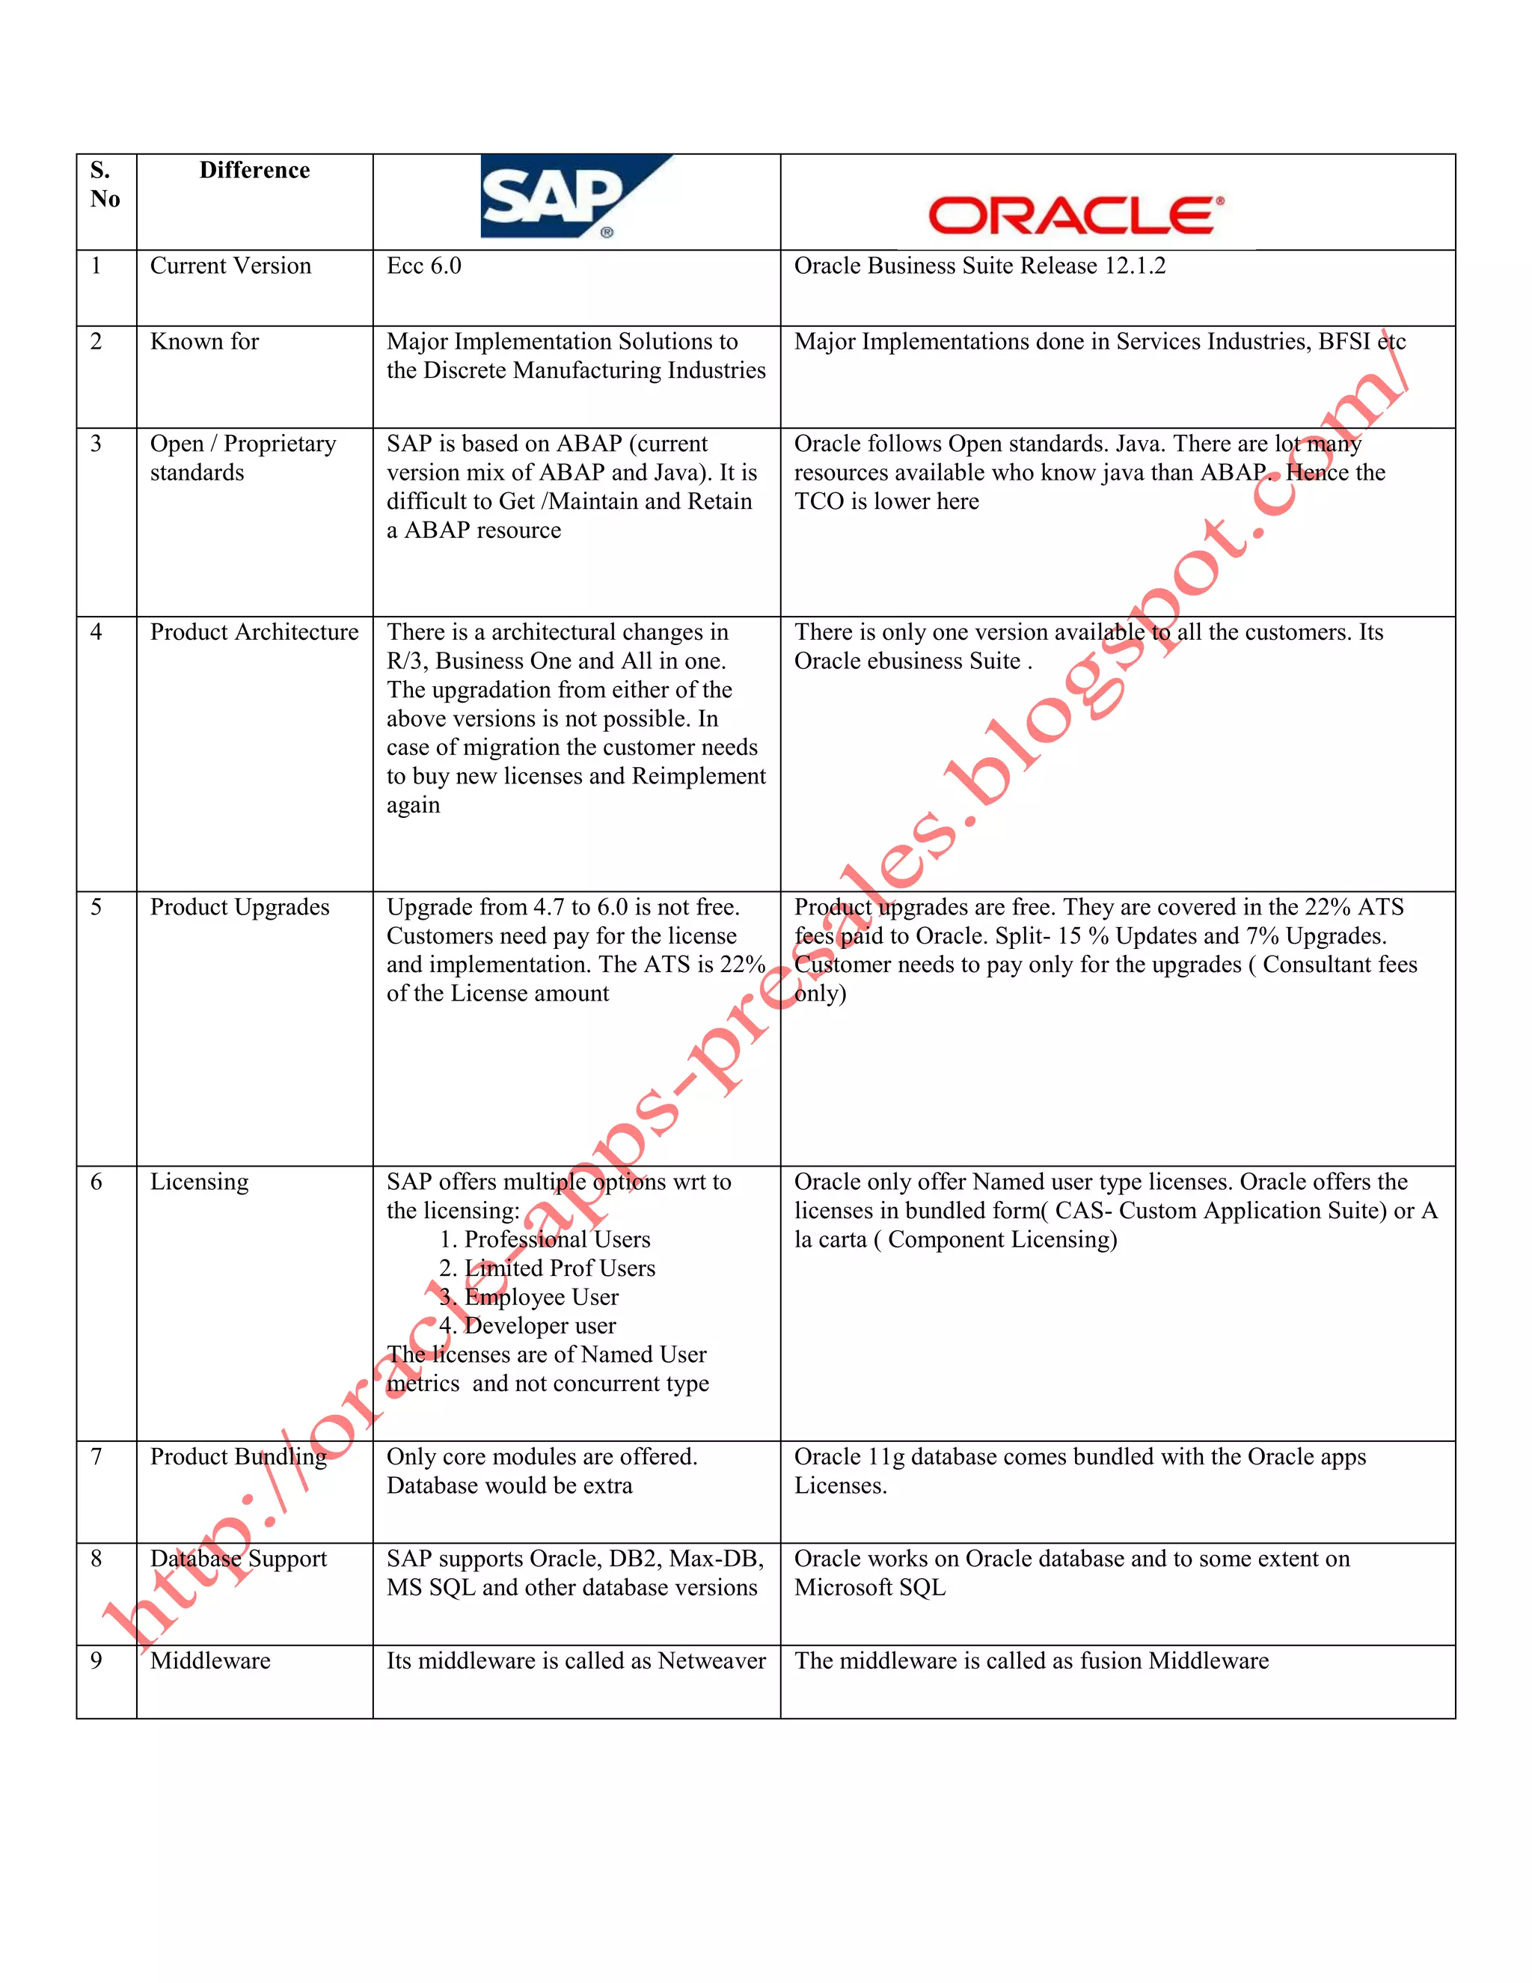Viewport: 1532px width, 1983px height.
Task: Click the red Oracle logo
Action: coord(1075,216)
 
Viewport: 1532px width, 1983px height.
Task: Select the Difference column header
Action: coord(254,171)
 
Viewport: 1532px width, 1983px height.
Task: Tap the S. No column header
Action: coord(105,184)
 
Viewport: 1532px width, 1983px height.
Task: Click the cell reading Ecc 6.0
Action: coord(424,266)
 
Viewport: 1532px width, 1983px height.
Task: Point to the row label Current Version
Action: coord(230,266)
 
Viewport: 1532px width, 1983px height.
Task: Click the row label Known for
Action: coord(204,341)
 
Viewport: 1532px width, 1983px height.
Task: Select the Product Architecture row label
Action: coord(254,632)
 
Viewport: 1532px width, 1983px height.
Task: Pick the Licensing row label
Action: coord(199,1182)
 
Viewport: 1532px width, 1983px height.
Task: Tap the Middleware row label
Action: coord(210,1660)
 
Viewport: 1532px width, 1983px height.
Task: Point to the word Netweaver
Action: coord(711,1660)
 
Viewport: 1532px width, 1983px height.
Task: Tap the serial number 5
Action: coord(96,907)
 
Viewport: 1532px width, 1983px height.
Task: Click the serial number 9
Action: coord(96,1660)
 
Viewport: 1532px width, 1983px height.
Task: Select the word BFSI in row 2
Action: coord(1343,341)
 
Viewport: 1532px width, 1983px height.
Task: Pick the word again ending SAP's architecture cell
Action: coord(413,805)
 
